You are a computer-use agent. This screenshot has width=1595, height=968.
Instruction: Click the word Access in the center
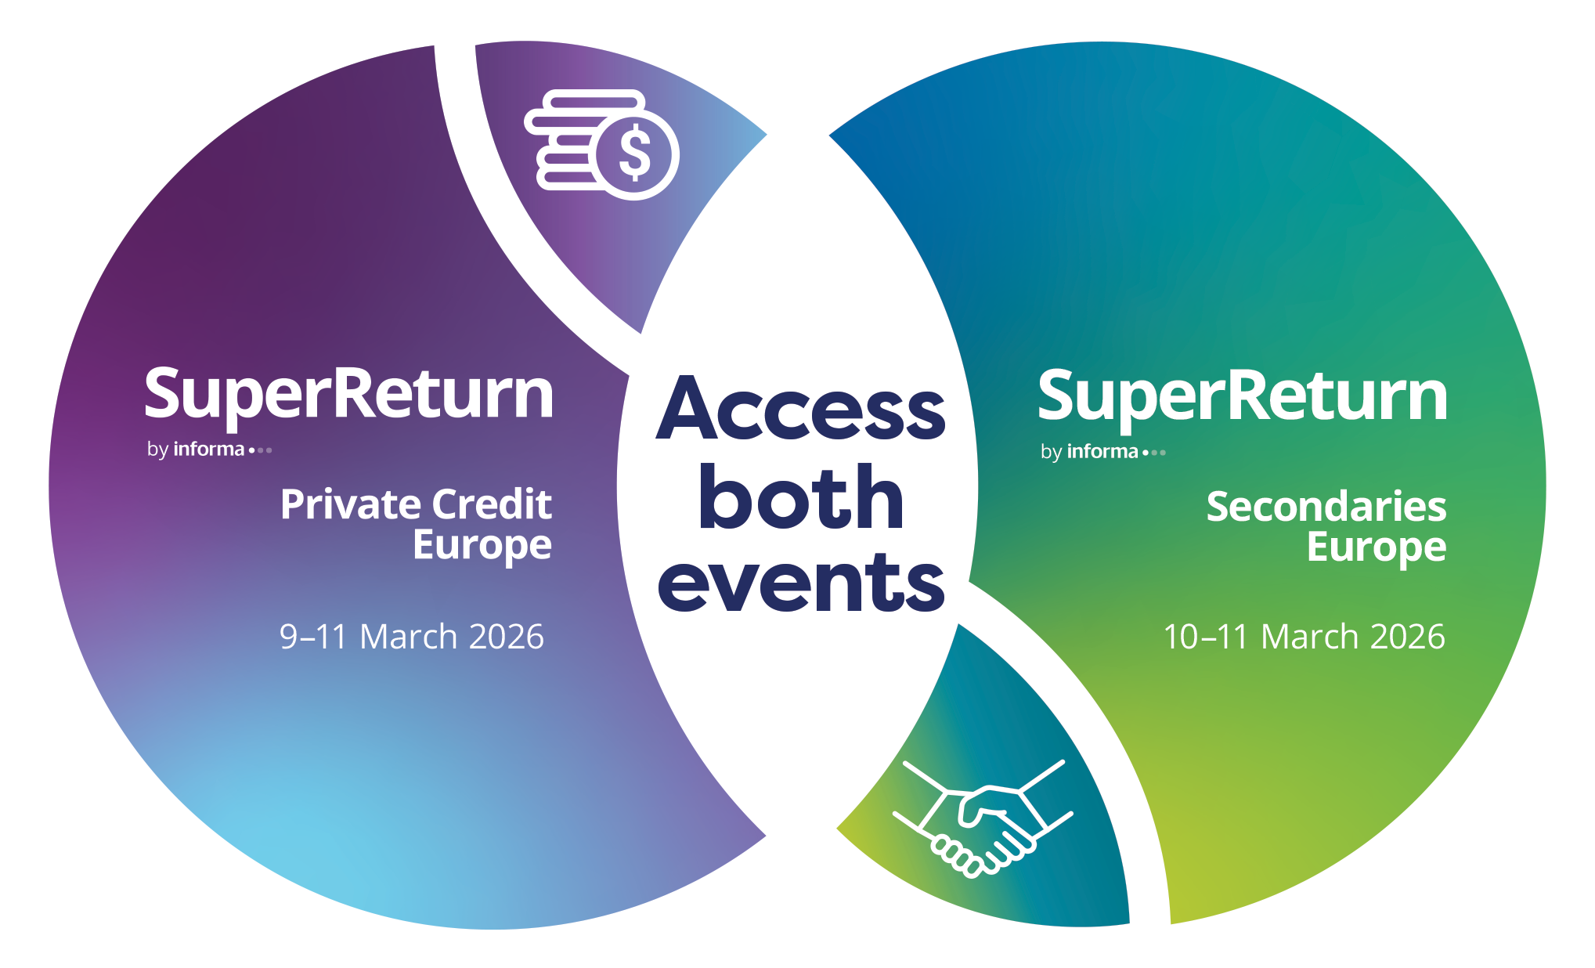coord(800,408)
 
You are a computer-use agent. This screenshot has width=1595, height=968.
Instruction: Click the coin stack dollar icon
coord(601,144)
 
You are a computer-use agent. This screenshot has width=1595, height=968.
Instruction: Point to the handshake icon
coord(983,818)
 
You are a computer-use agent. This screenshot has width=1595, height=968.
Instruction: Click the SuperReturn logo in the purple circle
coord(349,396)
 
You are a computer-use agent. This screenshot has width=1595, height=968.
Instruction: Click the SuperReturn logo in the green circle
coord(1243,398)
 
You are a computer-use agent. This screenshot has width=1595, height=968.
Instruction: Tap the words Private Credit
coord(416,504)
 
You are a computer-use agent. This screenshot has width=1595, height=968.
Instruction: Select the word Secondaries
coord(1326,507)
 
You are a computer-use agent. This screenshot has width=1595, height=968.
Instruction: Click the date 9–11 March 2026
coord(412,637)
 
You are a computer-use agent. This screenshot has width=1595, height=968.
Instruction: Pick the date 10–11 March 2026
coord(1304,637)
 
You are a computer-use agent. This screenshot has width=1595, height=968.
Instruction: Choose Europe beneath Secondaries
coord(1377,548)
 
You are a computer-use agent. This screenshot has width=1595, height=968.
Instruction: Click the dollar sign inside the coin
coord(634,154)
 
